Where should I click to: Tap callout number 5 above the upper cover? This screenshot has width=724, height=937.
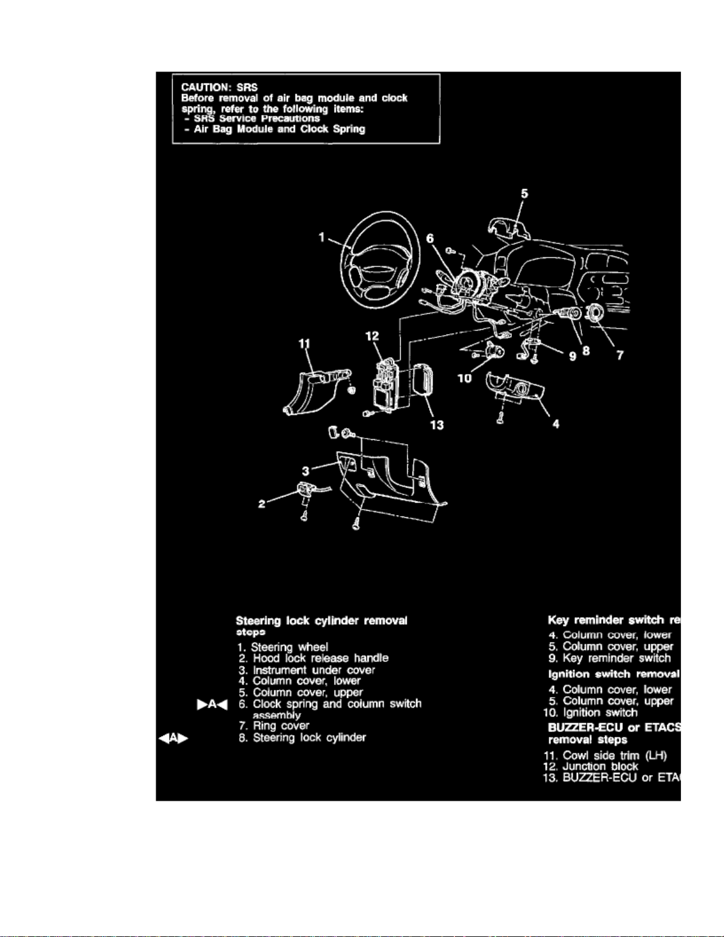tap(524, 194)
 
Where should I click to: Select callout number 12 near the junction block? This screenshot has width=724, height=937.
tap(372, 336)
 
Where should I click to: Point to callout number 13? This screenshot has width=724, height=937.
tap(437, 425)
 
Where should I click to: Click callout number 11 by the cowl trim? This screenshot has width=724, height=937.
tap(304, 344)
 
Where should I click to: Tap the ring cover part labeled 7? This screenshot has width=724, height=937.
tap(592, 313)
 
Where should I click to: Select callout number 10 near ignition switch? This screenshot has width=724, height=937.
tap(465, 378)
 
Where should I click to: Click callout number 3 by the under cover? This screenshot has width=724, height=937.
tap(306, 471)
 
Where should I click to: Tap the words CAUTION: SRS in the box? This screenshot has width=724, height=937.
tap(219, 87)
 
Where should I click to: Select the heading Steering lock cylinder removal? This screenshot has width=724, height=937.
tap(321, 621)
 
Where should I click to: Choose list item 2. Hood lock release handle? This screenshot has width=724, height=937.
tap(314, 658)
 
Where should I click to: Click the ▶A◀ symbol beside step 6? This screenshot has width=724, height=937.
tap(212, 704)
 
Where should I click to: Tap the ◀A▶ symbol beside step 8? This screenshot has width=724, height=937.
tap(173, 738)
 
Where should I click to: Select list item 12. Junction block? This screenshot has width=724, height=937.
tap(590, 766)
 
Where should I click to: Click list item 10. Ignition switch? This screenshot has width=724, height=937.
tap(590, 712)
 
